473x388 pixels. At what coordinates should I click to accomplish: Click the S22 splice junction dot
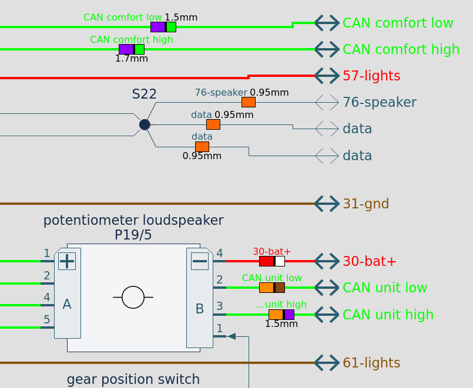point(145,124)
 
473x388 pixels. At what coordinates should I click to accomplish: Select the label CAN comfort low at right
point(398,23)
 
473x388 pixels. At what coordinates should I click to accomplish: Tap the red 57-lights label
point(371,76)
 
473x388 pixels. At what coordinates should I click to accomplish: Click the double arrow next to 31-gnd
point(327,204)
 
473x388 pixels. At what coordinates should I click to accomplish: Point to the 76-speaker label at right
point(379,102)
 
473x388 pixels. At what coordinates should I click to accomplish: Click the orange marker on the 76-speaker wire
point(249,102)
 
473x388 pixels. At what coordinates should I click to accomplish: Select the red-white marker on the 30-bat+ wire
point(272,261)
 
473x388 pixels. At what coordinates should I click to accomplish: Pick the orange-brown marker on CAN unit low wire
point(272,288)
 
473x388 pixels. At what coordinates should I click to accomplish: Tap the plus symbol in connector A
point(67,261)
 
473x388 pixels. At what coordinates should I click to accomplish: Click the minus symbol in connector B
point(200,261)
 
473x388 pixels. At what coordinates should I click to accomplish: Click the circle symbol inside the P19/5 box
point(133,298)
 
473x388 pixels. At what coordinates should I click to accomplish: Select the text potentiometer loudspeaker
point(133,221)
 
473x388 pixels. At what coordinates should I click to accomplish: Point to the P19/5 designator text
point(133,235)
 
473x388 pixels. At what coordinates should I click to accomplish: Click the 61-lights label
point(371,363)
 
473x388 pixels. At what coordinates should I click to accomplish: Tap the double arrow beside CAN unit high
point(327,315)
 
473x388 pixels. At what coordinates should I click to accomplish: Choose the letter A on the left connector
point(67,304)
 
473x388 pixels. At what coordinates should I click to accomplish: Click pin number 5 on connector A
point(47,320)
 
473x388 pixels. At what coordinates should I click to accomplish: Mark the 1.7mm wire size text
point(132,58)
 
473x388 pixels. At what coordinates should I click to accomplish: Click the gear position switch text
point(133,379)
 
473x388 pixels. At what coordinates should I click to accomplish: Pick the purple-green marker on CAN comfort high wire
point(132,49)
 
